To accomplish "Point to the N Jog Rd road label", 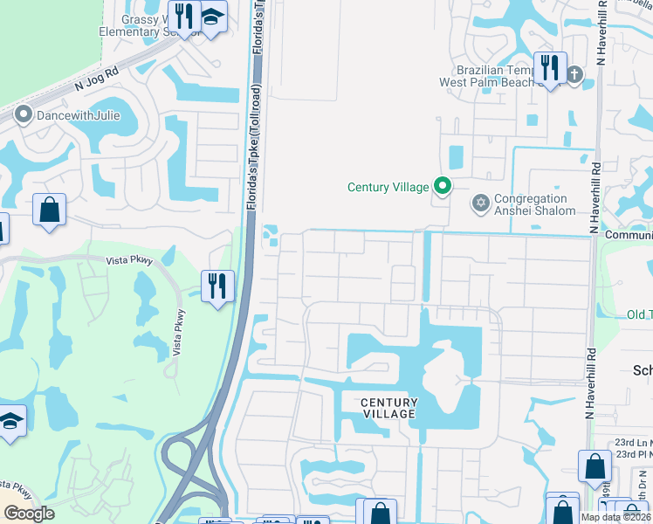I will (97, 79).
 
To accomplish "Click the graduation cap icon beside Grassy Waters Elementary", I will (211, 17).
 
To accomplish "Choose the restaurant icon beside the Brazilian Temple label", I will (550, 66).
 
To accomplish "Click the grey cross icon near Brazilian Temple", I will (574, 75).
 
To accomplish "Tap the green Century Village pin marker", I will (443, 186).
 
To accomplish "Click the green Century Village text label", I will (388, 187).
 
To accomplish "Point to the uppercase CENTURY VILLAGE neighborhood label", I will (389, 408).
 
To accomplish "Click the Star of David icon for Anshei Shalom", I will (479, 204).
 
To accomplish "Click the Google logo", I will (29, 514).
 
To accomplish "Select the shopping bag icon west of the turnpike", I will (49, 210).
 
